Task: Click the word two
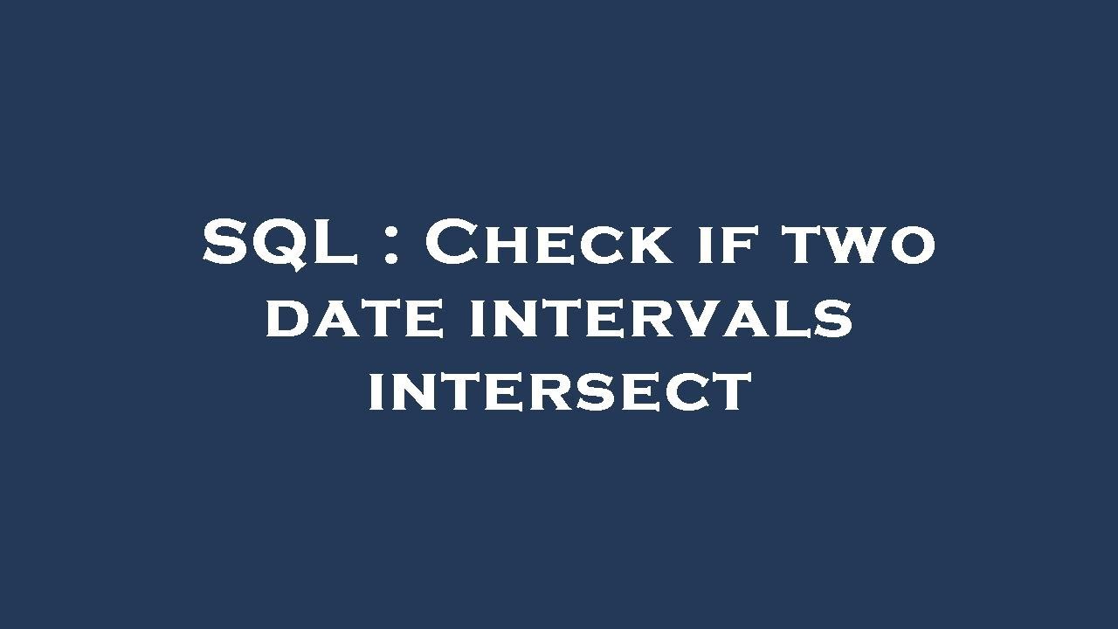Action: (859, 244)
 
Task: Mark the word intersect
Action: (560, 391)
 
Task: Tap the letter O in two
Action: (912, 247)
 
